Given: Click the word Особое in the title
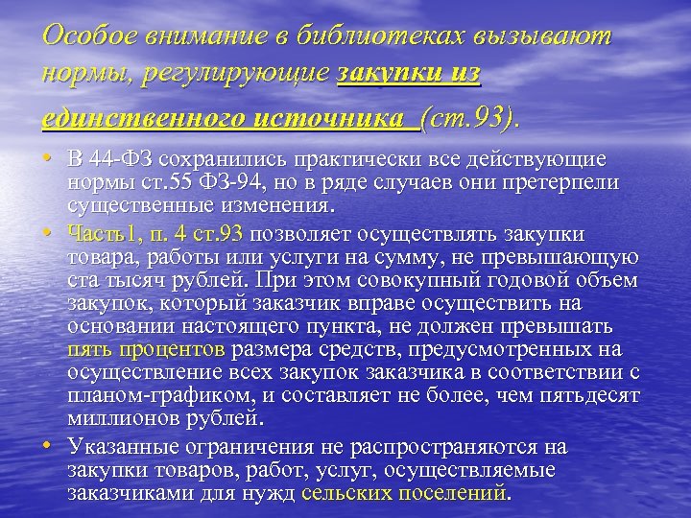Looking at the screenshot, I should [84, 35].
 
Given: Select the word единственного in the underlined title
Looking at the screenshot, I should [130, 119].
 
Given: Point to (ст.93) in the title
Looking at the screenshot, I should [467, 119].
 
